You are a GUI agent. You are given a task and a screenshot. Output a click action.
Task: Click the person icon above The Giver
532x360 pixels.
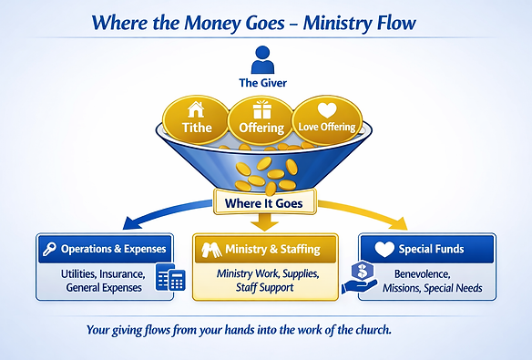(262, 60)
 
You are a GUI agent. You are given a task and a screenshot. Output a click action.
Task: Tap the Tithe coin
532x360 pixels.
(196, 120)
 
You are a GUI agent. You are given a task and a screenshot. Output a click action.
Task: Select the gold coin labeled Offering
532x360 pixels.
(261, 120)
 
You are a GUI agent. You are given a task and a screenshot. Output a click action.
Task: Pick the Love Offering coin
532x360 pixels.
(327, 120)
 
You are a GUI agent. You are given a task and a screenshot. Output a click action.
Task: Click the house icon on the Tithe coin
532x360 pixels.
(196, 110)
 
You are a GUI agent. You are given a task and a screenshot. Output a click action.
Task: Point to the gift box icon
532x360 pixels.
(262, 109)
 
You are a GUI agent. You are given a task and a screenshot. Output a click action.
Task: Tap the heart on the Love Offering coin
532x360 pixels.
(327, 110)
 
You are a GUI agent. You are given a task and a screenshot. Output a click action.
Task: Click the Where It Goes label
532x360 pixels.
(264, 203)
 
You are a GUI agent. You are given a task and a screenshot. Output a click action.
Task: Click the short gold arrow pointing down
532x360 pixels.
(264, 222)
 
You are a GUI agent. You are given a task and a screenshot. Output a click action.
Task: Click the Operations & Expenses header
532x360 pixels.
(105, 249)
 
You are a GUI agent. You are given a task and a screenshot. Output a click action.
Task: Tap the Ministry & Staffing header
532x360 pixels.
(265, 249)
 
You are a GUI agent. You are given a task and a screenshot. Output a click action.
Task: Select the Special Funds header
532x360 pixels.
(427, 249)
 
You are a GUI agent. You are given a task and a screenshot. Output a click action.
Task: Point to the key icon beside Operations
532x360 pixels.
(49, 250)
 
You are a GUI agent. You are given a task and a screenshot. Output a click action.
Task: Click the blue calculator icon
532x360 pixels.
(170, 277)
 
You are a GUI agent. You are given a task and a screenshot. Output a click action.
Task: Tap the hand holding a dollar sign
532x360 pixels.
(360, 278)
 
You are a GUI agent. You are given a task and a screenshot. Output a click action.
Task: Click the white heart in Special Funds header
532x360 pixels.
(384, 249)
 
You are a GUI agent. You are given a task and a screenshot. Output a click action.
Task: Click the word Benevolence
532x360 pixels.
(423, 273)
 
